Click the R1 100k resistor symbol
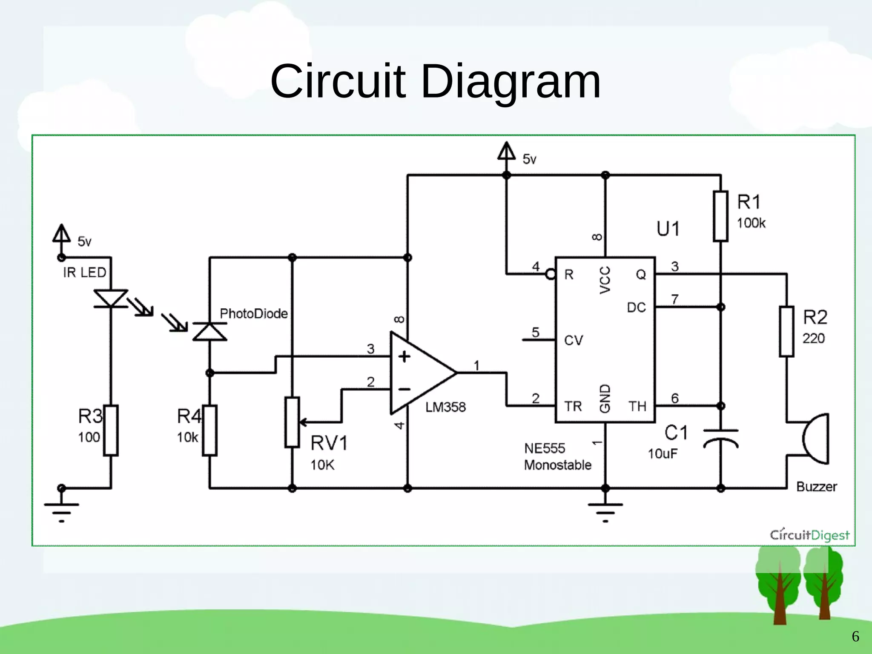pos(720,217)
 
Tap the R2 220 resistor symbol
pos(786,331)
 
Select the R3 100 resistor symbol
pos(111,430)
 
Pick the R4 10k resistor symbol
pos(209,430)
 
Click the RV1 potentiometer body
pos(292,422)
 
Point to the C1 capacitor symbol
pos(720,438)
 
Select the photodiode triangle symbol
pos(209,332)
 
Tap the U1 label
pos(668,229)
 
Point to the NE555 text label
pos(544,448)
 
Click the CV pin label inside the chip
pos(573,340)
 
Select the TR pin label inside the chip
pos(573,406)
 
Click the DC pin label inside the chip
pos(636,307)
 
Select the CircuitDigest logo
pos(809,535)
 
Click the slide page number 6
pos(855,636)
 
